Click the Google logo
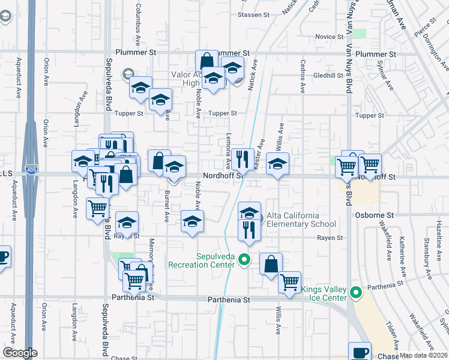click(x=19, y=353)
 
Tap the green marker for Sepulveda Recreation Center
click(x=244, y=260)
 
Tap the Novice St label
click(x=329, y=37)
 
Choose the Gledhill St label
click(x=327, y=76)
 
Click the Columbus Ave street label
click(x=137, y=24)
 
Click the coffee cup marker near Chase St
click(x=360, y=353)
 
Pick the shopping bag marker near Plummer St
click(x=206, y=61)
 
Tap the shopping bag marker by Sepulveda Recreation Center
click(x=271, y=264)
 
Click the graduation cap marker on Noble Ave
click(x=192, y=222)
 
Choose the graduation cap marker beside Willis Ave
click(x=277, y=164)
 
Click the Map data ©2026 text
click(x=424, y=355)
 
